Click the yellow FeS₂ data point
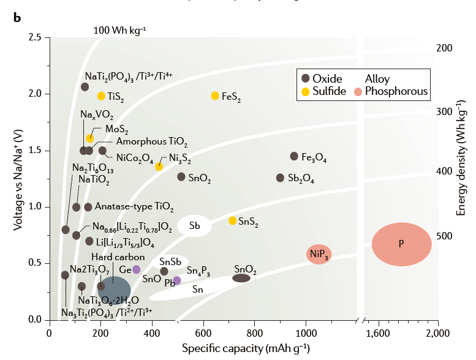(215, 96)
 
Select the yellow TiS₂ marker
(101, 96)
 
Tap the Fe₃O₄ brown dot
(294, 156)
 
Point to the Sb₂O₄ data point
(280, 178)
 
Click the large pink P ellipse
(401, 244)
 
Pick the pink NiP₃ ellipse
(319, 254)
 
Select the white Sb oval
(195, 226)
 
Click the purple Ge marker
(137, 269)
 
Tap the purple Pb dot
(177, 280)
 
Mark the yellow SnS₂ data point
(232, 220)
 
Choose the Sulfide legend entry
(328, 92)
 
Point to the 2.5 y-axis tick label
(35, 38)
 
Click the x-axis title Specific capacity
(246, 348)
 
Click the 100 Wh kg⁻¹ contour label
(120, 29)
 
